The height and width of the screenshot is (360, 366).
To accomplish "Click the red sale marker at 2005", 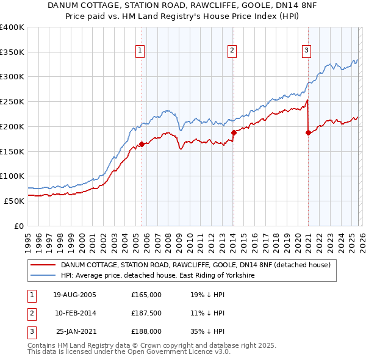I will (x=142, y=144).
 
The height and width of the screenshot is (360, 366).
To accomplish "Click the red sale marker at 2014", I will (x=233, y=132).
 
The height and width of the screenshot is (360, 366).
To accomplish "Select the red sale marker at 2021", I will (x=308, y=132).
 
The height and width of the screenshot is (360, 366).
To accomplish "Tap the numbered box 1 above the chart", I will (x=141, y=51).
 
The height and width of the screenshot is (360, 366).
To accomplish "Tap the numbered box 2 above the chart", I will (x=232, y=51).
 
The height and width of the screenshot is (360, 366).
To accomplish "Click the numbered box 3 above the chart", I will (x=306, y=51).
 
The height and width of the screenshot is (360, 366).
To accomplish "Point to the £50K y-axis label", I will (x=14, y=201).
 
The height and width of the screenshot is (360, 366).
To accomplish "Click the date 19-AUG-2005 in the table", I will (x=74, y=295).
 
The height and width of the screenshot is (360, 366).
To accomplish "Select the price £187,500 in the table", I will (x=146, y=313).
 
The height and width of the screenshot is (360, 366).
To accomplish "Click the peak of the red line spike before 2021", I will (x=307, y=100).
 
